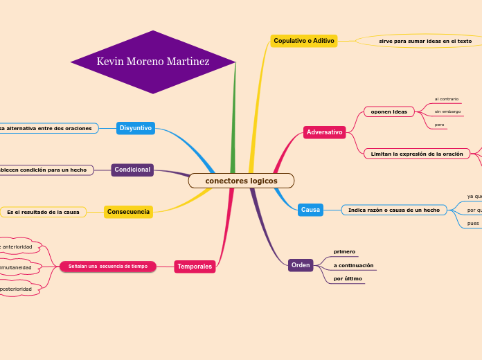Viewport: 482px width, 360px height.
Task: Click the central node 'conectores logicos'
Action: (241, 181)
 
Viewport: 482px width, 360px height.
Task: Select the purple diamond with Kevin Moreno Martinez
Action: (153, 62)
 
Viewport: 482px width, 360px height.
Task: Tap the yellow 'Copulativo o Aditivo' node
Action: (304, 41)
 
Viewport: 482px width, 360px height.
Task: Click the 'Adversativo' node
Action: (324, 132)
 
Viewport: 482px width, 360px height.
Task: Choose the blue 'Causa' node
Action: (310, 210)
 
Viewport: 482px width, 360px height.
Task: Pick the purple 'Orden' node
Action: (301, 265)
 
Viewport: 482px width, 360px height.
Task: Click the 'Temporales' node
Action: (195, 267)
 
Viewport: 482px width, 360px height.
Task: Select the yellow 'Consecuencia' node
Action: (128, 212)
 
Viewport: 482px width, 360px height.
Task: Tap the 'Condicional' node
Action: (132, 170)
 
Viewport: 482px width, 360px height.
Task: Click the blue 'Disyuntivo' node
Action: (136, 128)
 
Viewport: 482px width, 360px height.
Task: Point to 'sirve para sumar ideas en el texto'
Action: (425, 42)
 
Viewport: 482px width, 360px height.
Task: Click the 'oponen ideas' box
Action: (389, 111)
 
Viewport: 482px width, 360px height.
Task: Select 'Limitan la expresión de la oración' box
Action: (416, 154)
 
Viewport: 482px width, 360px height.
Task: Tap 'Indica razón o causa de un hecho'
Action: (393, 210)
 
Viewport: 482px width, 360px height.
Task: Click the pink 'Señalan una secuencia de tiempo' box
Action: (108, 267)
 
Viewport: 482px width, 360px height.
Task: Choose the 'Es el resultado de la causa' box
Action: (43, 212)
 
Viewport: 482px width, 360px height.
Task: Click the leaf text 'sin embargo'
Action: (447, 111)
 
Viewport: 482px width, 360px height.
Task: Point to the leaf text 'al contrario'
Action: (446, 99)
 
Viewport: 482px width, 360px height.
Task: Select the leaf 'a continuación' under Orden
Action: (353, 265)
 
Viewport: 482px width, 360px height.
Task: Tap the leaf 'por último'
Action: (348, 278)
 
